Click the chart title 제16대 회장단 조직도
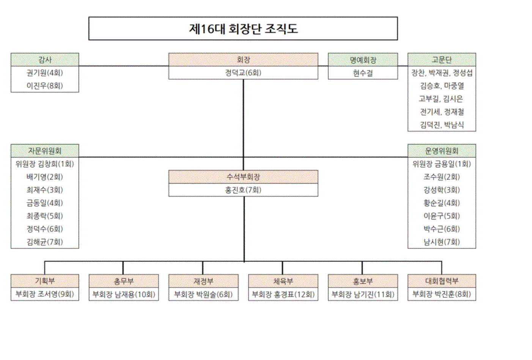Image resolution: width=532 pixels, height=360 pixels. click(x=243, y=28)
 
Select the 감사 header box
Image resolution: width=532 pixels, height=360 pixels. click(x=45, y=60)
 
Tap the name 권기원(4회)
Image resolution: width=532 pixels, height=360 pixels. click(x=45, y=73)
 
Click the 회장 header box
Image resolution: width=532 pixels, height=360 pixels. click(x=243, y=60)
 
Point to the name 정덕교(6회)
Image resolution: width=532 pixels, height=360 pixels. click(x=243, y=73)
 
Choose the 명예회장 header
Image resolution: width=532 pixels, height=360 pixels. click(x=363, y=60)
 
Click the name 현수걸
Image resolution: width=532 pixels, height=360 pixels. click(x=363, y=73)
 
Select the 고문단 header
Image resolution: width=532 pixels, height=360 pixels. click(x=442, y=60)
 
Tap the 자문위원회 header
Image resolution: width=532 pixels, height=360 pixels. click(x=45, y=151)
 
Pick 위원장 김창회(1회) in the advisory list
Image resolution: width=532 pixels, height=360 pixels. click(x=45, y=164)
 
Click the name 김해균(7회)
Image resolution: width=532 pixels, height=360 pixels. click(x=45, y=242)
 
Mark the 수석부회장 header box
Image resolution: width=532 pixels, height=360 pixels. click(x=243, y=177)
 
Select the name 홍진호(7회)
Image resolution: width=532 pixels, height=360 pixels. click(x=243, y=190)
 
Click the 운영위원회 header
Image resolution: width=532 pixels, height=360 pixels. click(x=442, y=151)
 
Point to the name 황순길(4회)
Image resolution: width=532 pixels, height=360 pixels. click(x=442, y=203)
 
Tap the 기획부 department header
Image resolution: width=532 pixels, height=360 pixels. click(x=45, y=281)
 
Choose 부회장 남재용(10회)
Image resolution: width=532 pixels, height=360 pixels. click(x=124, y=294)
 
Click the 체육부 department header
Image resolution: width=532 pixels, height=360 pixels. click(x=283, y=281)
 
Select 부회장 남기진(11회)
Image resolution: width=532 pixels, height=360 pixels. click(x=363, y=294)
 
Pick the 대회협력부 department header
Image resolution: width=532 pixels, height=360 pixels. click(x=442, y=281)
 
